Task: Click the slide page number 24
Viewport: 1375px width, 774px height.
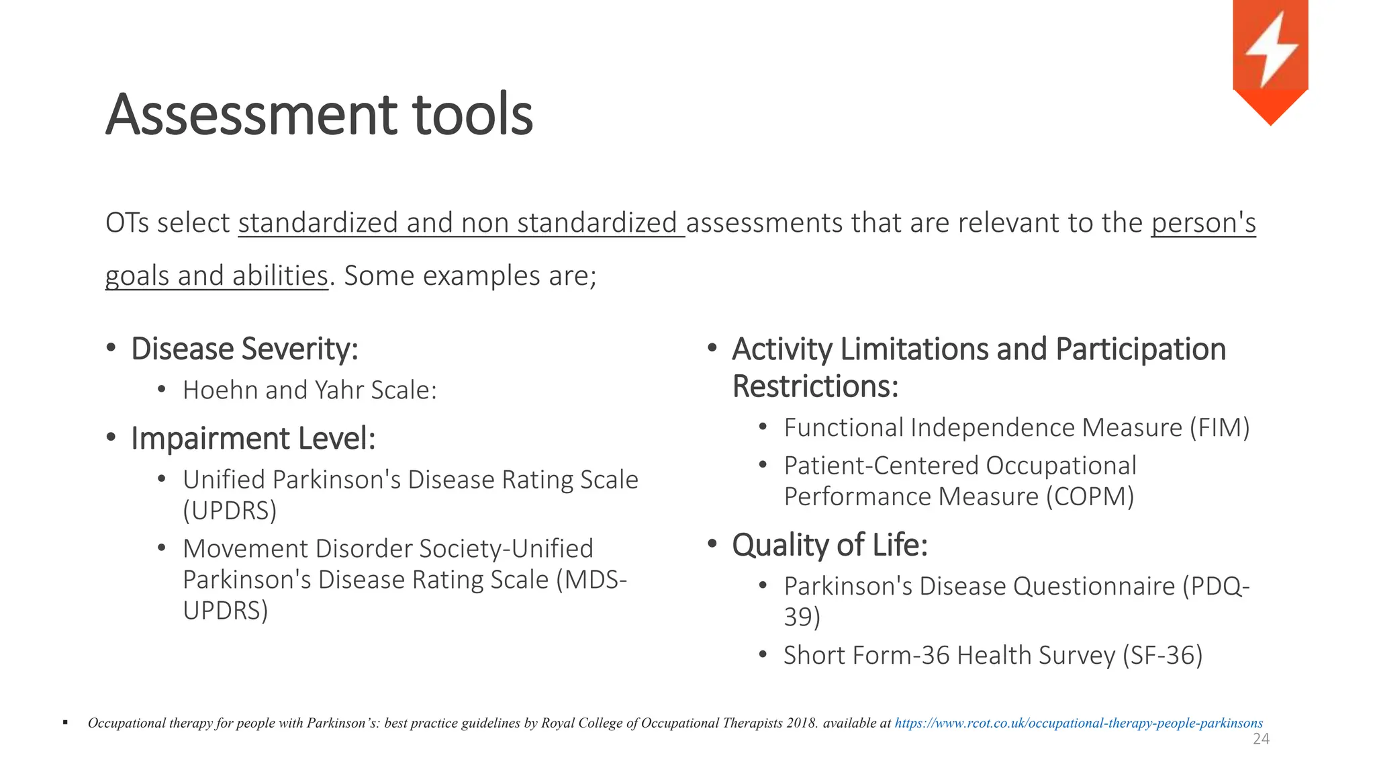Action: pos(1261,739)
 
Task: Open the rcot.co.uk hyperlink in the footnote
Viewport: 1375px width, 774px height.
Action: pos(1078,723)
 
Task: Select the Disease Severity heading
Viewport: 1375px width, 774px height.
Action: pos(244,349)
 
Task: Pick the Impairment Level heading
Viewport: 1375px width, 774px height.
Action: pos(253,439)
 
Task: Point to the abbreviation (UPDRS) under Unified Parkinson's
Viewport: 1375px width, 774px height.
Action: pos(230,511)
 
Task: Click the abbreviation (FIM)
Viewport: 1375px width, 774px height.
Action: pos(1219,428)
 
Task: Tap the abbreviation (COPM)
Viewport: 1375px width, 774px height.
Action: pos(1090,497)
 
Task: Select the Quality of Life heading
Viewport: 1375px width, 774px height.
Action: pos(829,545)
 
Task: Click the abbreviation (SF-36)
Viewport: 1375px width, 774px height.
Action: pos(1162,655)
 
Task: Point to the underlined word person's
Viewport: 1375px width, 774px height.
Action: pos(1203,223)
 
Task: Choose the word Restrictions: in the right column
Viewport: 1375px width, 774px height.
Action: pos(815,386)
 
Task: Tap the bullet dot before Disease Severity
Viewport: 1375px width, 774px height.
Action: pos(111,348)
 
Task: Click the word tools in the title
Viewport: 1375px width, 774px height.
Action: pos(473,115)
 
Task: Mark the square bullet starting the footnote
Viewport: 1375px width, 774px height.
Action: pos(65,723)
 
